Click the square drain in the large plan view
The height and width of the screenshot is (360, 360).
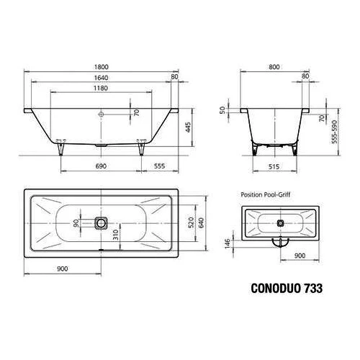click(100, 222)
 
